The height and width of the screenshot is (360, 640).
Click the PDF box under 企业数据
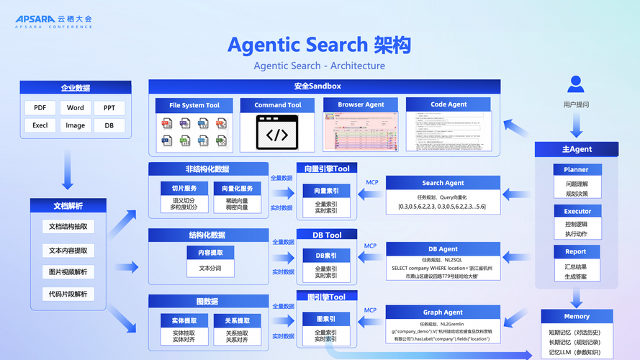pos(40,108)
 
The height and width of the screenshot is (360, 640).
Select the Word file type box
pos(75,108)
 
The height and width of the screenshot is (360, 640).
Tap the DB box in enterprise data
pos(109,125)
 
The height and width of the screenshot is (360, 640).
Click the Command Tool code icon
pos(277,134)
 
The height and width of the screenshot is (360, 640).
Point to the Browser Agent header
pos(361,105)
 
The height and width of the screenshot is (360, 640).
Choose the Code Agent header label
pos(449,105)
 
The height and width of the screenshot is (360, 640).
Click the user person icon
pos(576,84)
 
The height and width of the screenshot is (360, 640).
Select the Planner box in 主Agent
pos(576,170)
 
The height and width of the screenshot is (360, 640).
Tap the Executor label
pos(576,212)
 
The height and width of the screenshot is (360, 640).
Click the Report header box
pos(576,252)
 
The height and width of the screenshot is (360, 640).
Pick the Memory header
pos(577,316)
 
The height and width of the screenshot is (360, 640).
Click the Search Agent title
pos(443,184)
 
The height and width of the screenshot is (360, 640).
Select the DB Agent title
pos(443,249)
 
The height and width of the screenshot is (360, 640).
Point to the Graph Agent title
pos(443,312)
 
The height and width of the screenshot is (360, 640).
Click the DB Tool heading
pos(327,235)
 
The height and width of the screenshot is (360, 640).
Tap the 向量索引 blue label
pos(326,191)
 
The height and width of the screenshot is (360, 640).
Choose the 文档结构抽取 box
pos(68,227)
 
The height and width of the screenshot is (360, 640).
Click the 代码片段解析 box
pos(68,294)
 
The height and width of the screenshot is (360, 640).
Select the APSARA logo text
pos(40,18)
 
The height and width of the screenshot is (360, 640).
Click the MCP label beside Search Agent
pos(372,182)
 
